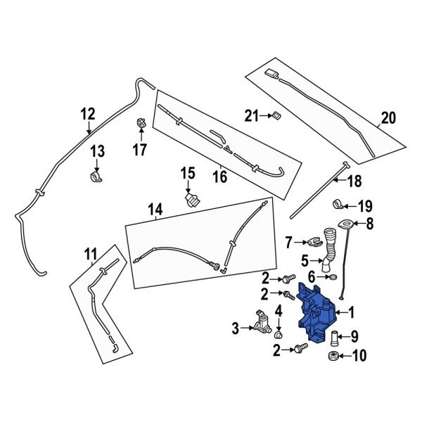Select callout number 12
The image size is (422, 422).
pos(87,114)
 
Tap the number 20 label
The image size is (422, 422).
pos(387,118)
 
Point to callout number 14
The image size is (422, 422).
pos(155,209)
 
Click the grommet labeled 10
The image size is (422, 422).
pos(333,356)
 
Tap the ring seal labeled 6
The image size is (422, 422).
pos(330,279)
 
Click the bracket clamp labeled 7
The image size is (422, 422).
pos(315,243)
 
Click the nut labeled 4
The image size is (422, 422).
pos(276,327)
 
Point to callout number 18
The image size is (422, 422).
pos(354,181)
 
